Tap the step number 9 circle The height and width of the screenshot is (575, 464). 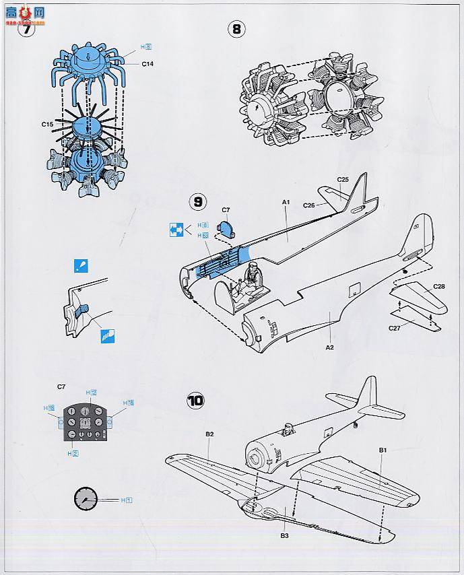click(198, 202)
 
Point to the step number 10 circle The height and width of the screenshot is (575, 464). click(195, 400)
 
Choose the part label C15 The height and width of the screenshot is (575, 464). click(47, 124)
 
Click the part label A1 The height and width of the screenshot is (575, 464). click(286, 202)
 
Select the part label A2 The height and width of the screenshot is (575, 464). click(330, 347)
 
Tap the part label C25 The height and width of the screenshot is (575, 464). click(343, 179)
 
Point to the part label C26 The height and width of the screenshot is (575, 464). click(310, 205)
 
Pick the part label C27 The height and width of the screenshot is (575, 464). click(396, 328)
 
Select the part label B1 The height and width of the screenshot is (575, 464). click(383, 449)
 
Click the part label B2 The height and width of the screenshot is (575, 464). click(210, 434)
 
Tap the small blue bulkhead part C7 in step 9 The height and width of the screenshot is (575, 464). click(227, 230)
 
